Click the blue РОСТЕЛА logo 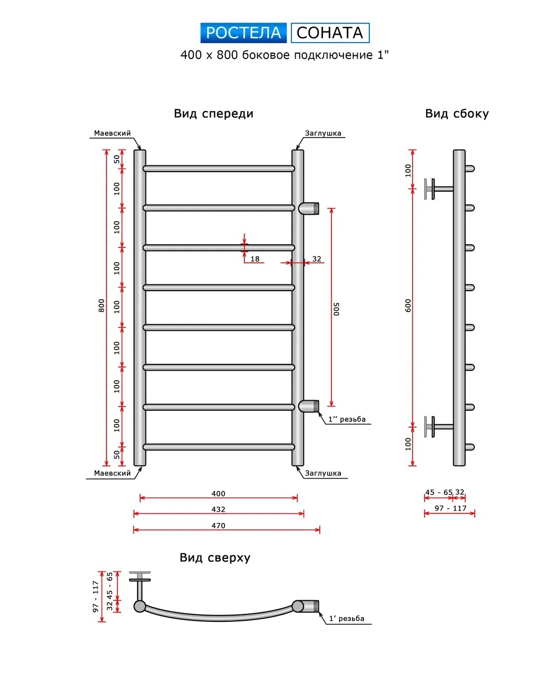243,33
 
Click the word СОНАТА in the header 330,33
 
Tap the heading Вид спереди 213,114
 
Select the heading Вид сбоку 457,114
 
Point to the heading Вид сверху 215,558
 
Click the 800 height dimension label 102,305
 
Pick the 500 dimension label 337,309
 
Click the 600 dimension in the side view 408,305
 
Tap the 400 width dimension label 218,493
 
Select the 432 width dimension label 218,509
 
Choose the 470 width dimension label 218,526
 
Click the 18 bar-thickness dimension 255,259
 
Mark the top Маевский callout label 112,133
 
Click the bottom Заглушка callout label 323,473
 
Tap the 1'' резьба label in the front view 346,420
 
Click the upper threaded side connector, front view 309,208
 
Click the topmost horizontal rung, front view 218,168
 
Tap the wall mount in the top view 140,579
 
